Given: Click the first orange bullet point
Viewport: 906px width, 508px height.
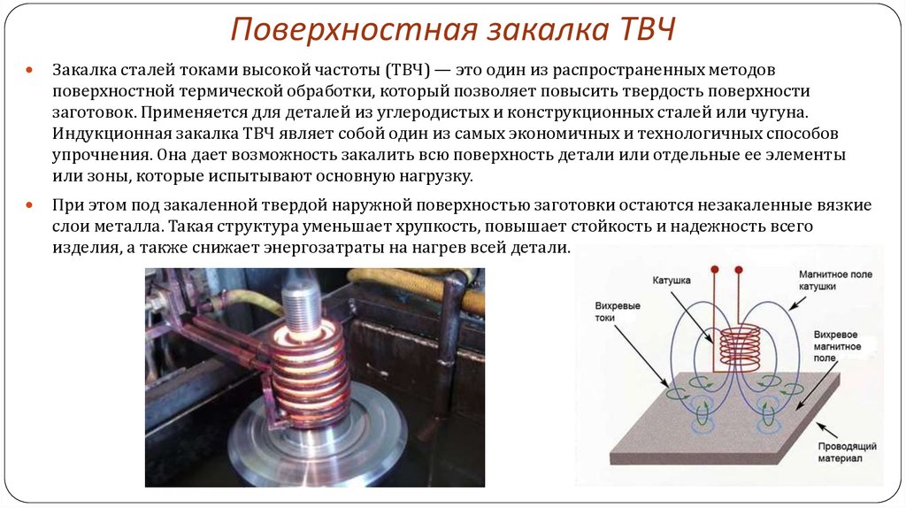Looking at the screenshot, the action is [29, 70].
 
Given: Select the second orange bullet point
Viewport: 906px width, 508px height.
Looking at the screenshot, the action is [29, 205].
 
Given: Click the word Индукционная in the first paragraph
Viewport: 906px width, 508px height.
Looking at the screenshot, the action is [107, 134].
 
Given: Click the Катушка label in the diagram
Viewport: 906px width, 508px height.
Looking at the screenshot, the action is [672, 281].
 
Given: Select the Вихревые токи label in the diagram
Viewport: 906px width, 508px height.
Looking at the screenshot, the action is [618, 312].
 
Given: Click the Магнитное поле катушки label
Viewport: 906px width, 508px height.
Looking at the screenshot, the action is [835, 281].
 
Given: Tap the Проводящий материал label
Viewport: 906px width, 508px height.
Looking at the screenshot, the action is [847, 452].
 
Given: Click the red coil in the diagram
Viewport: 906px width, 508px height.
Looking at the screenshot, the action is [740, 349].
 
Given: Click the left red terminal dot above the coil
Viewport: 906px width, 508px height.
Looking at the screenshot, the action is [715, 270].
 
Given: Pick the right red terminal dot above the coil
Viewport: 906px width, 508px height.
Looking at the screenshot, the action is [739, 270].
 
